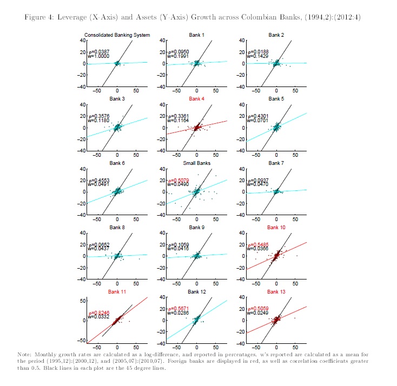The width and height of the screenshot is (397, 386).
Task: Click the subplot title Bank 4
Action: (x=197, y=99)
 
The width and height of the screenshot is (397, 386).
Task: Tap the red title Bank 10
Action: (x=276, y=227)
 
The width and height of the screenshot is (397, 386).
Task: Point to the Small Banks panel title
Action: (x=197, y=163)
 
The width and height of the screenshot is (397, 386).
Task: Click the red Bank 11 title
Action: (x=117, y=291)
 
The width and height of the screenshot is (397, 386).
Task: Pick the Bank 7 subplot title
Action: (x=276, y=163)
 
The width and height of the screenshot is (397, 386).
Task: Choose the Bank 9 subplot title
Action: (x=197, y=227)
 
